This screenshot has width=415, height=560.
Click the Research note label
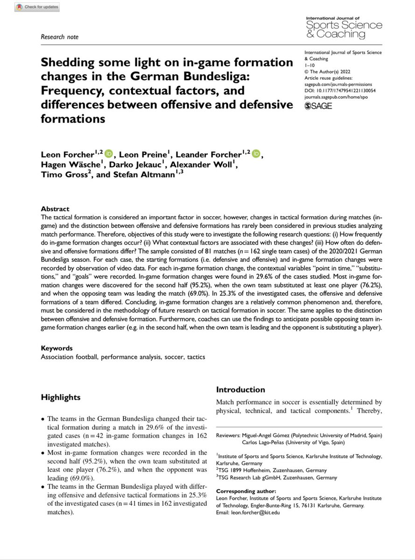60,37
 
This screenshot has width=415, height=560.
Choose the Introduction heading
240,390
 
